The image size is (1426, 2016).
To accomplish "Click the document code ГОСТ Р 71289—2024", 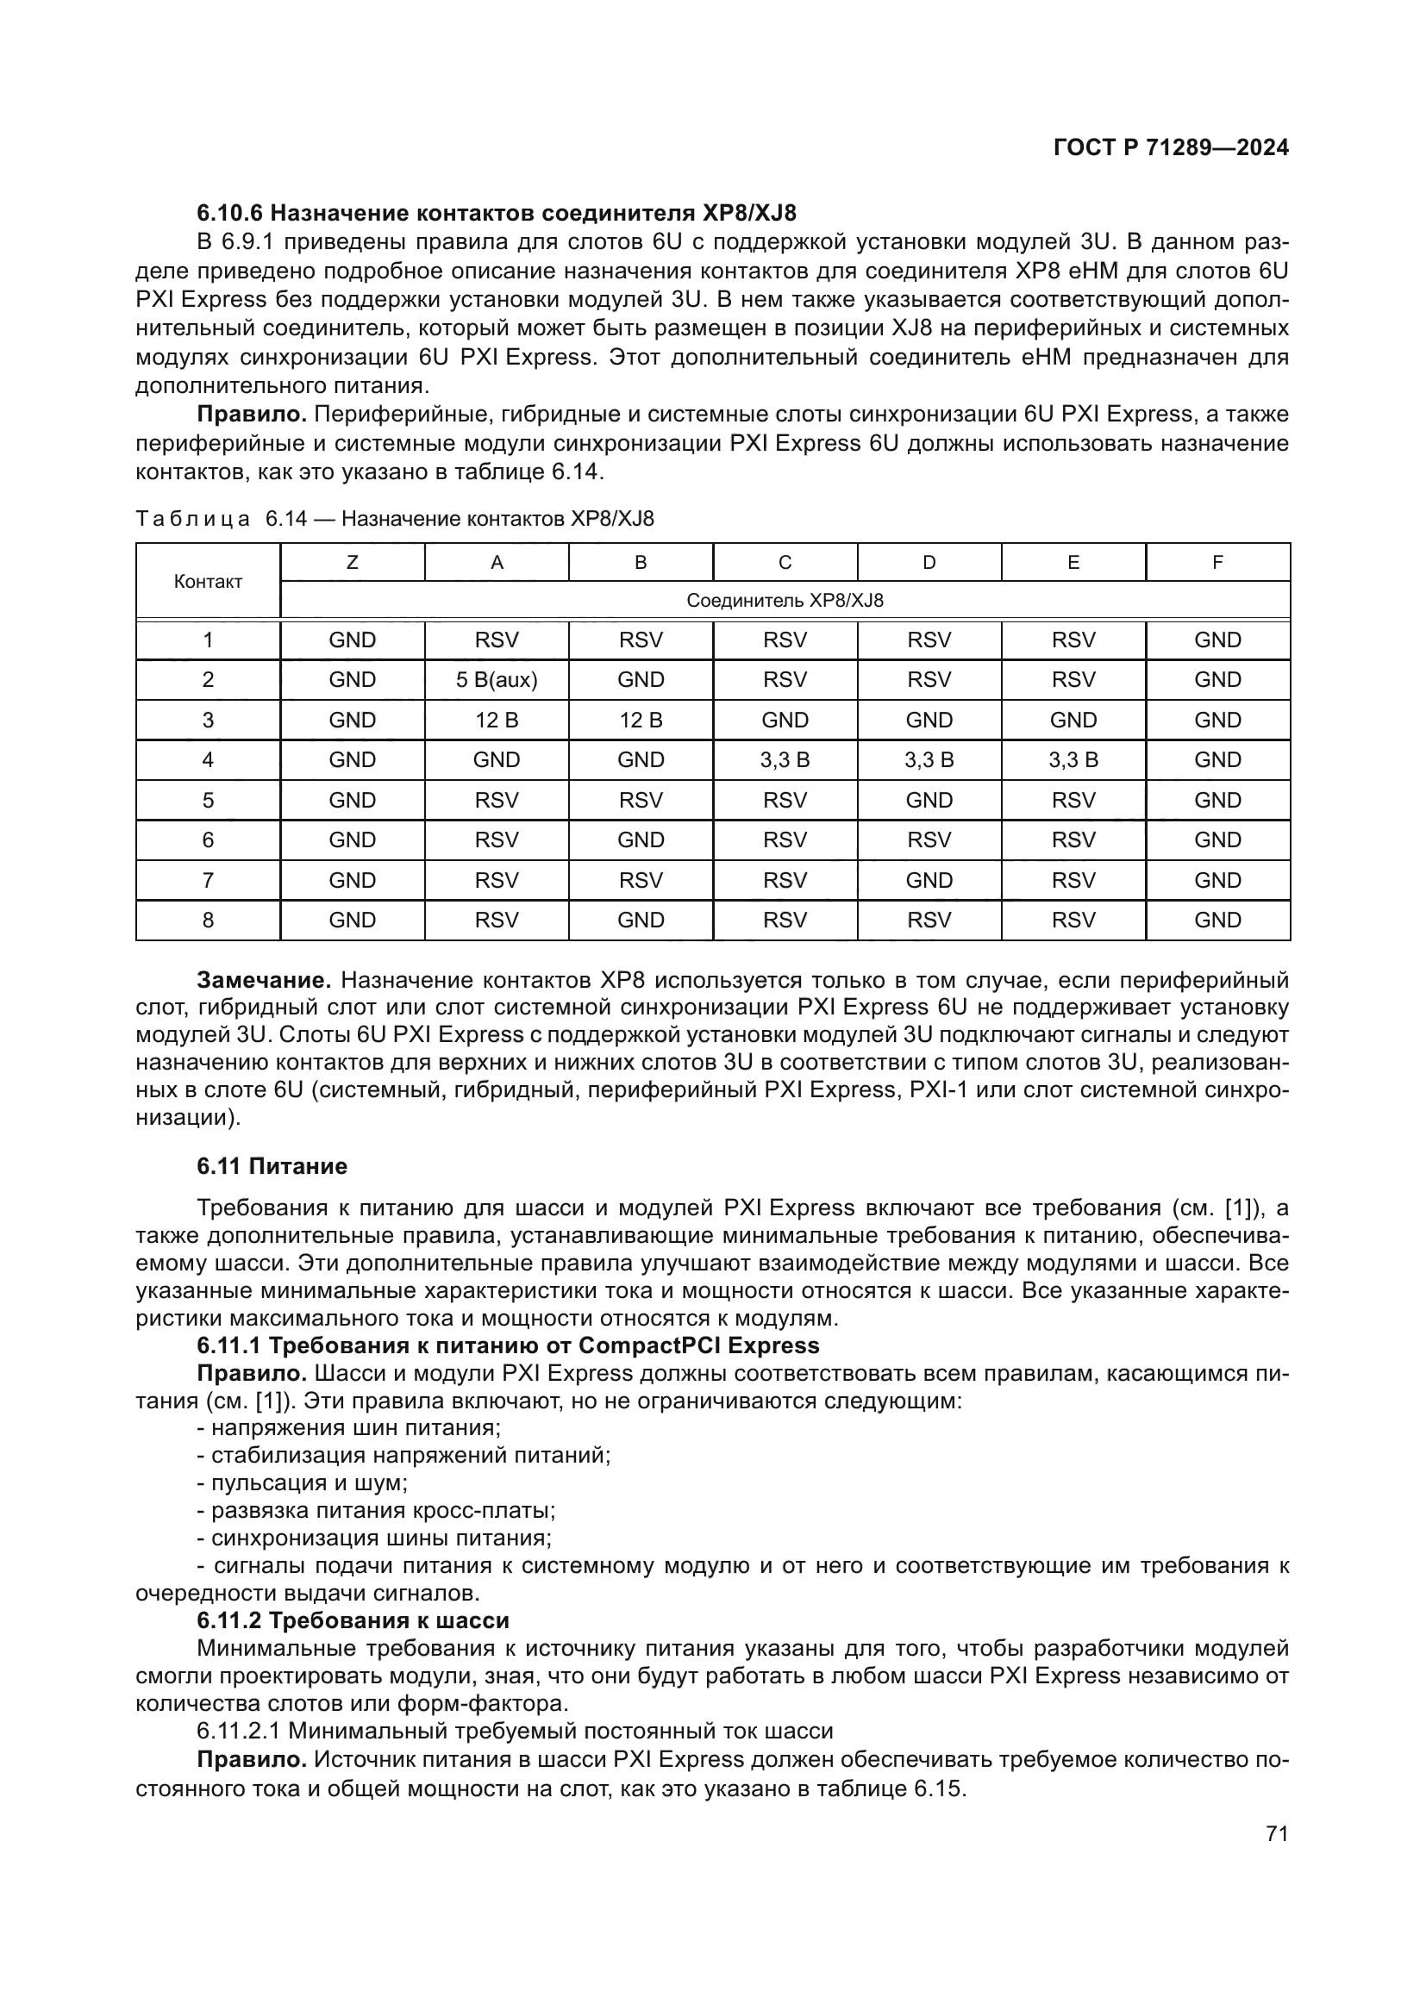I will [1171, 147].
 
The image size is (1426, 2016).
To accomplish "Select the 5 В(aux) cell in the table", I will [496, 679].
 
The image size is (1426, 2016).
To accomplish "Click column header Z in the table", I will [352, 563].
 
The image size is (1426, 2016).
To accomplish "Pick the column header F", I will [1217, 563].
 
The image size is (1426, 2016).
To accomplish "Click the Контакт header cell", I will [208, 581].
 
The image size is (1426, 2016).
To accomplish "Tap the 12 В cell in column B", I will [640, 720].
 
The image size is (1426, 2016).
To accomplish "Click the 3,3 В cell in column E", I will [1073, 759].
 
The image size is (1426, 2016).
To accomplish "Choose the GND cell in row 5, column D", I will [929, 800].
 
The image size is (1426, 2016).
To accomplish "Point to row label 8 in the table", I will [208, 921].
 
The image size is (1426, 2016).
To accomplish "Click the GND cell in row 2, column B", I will [640, 679].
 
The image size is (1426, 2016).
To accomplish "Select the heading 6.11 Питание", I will [272, 1166].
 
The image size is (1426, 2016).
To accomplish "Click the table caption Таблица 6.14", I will [394, 519].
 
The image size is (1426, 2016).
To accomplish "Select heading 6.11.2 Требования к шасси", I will [353, 1620].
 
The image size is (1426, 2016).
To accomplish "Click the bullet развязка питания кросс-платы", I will [376, 1510].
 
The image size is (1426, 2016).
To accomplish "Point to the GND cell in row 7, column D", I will [929, 880].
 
